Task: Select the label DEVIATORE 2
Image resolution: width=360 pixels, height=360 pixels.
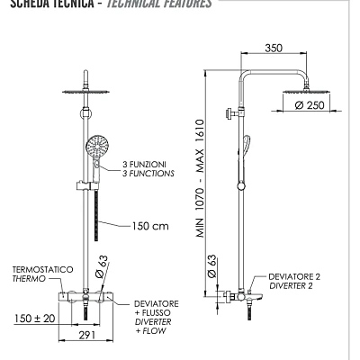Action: click(x=293, y=277)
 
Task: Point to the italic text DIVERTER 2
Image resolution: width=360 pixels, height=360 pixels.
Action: click(x=293, y=287)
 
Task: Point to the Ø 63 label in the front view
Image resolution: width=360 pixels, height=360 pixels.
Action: click(x=103, y=267)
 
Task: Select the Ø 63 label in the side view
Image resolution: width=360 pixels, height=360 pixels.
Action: click(x=210, y=267)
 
